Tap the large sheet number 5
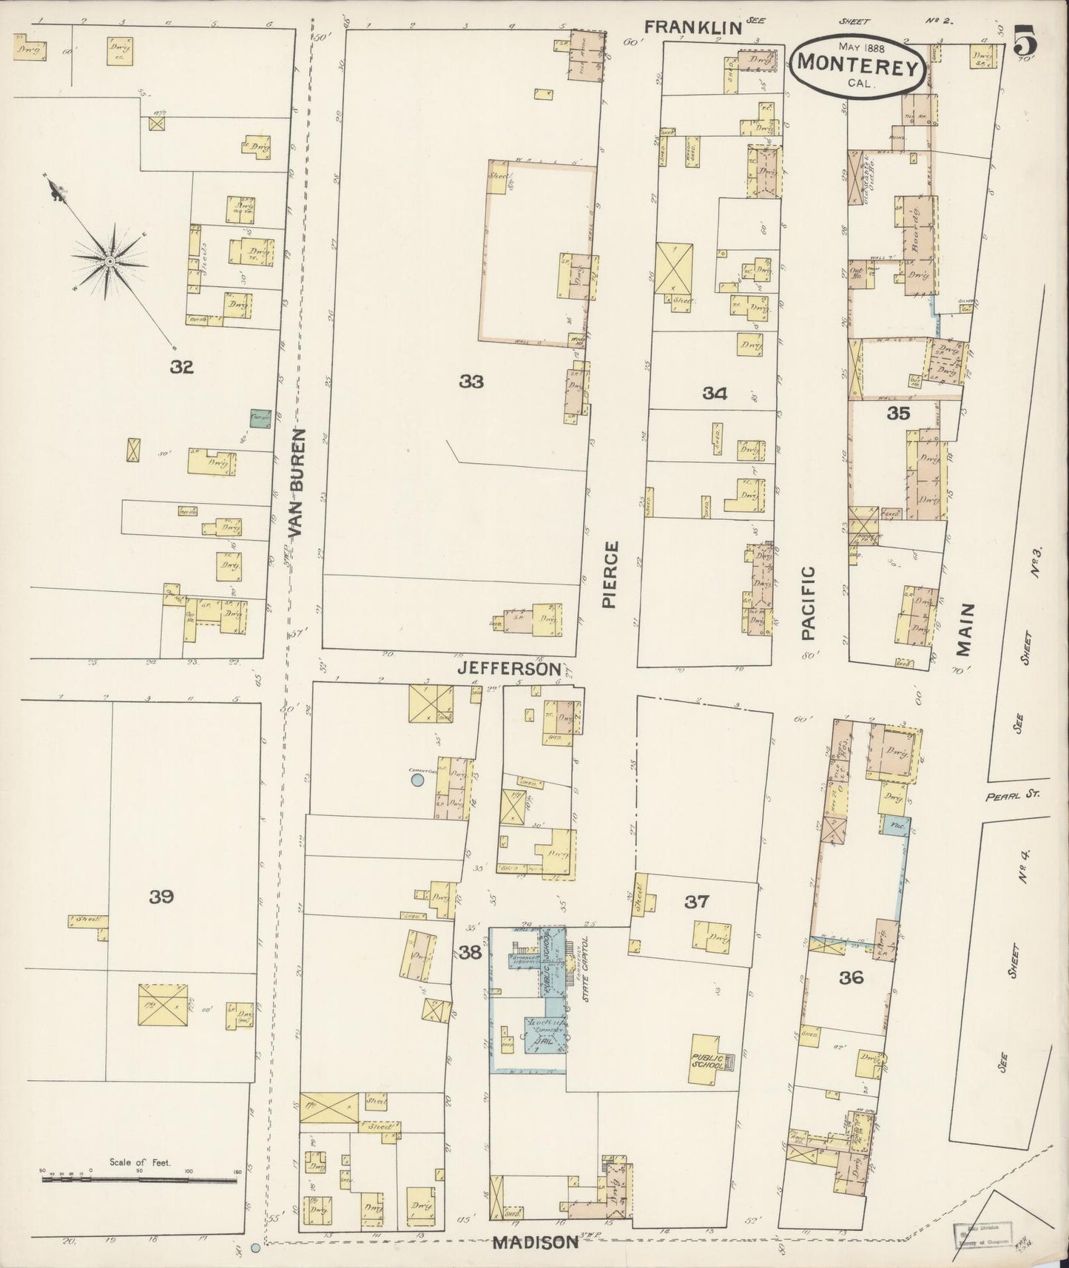click(x=1025, y=41)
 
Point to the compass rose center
click(x=109, y=261)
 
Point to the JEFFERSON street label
click(x=509, y=668)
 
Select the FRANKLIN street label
click(x=692, y=27)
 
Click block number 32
click(x=181, y=366)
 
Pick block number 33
click(x=471, y=381)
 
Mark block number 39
click(x=161, y=897)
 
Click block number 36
click(x=852, y=977)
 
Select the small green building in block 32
click(x=260, y=419)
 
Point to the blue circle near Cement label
click(x=417, y=779)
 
